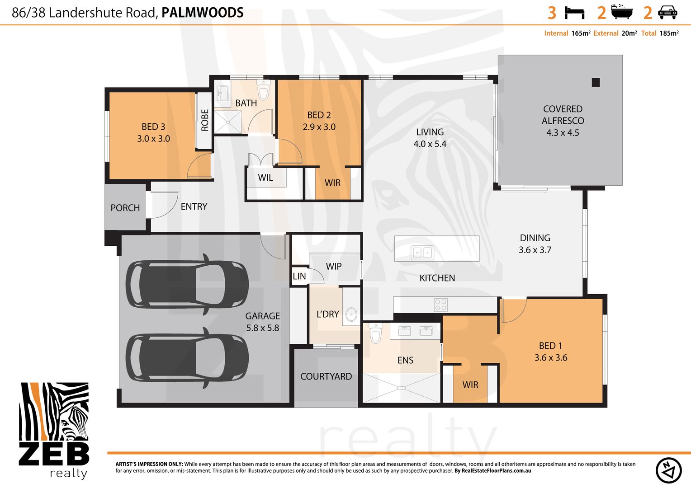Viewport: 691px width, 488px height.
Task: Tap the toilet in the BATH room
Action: (x=264, y=90)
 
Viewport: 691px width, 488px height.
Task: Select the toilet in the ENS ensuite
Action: (x=376, y=333)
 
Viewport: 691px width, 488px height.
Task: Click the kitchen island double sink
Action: (x=422, y=253)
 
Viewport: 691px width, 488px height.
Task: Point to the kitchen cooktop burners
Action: (x=440, y=304)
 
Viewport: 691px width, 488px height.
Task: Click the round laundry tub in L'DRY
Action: (x=351, y=314)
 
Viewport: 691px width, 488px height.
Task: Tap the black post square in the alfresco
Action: (x=596, y=82)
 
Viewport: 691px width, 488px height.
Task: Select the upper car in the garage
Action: (x=187, y=284)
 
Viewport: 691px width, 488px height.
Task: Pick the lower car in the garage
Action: (x=187, y=358)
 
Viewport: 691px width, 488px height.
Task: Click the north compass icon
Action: (x=668, y=470)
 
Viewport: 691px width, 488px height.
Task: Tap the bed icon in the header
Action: (x=574, y=13)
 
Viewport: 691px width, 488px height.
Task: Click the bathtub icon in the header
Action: (x=622, y=12)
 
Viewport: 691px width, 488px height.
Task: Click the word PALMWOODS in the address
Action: (x=202, y=13)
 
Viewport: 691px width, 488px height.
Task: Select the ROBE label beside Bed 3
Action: (x=205, y=120)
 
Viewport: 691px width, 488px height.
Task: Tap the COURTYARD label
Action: (x=326, y=376)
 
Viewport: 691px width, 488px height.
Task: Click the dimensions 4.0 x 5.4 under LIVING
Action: (x=430, y=144)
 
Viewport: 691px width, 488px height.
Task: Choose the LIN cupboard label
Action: (x=299, y=277)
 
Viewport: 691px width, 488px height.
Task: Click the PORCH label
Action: (x=125, y=208)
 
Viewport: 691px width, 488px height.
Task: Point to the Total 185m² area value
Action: (x=660, y=33)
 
